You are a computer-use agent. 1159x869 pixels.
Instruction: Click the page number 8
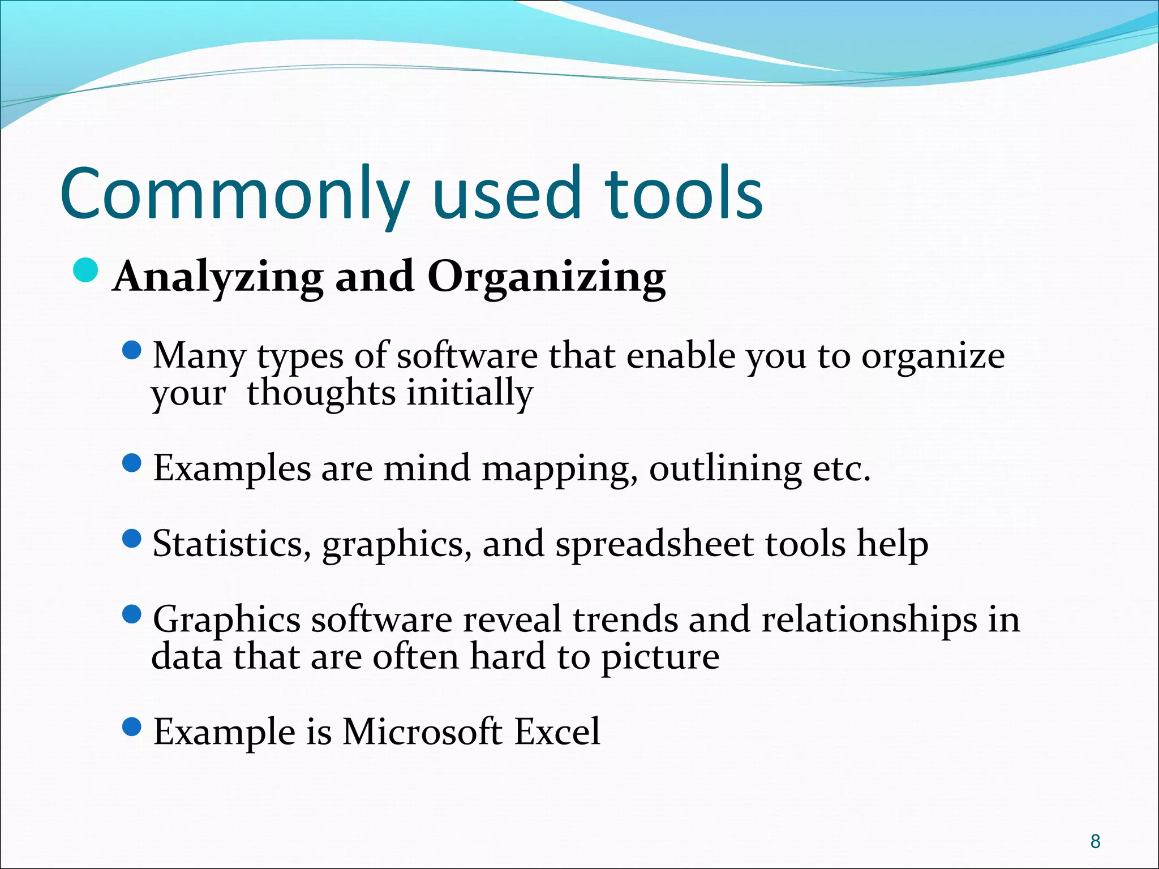[1096, 841]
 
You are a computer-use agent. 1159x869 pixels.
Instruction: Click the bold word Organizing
[546, 278]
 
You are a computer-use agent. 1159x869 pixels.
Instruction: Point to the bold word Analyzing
[218, 278]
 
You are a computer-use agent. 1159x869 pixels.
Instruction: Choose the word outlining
[725, 470]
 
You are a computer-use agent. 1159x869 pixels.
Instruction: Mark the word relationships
[869, 620]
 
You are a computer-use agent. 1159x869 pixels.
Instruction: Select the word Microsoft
[422, 732]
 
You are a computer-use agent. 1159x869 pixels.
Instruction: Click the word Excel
[557, 732]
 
